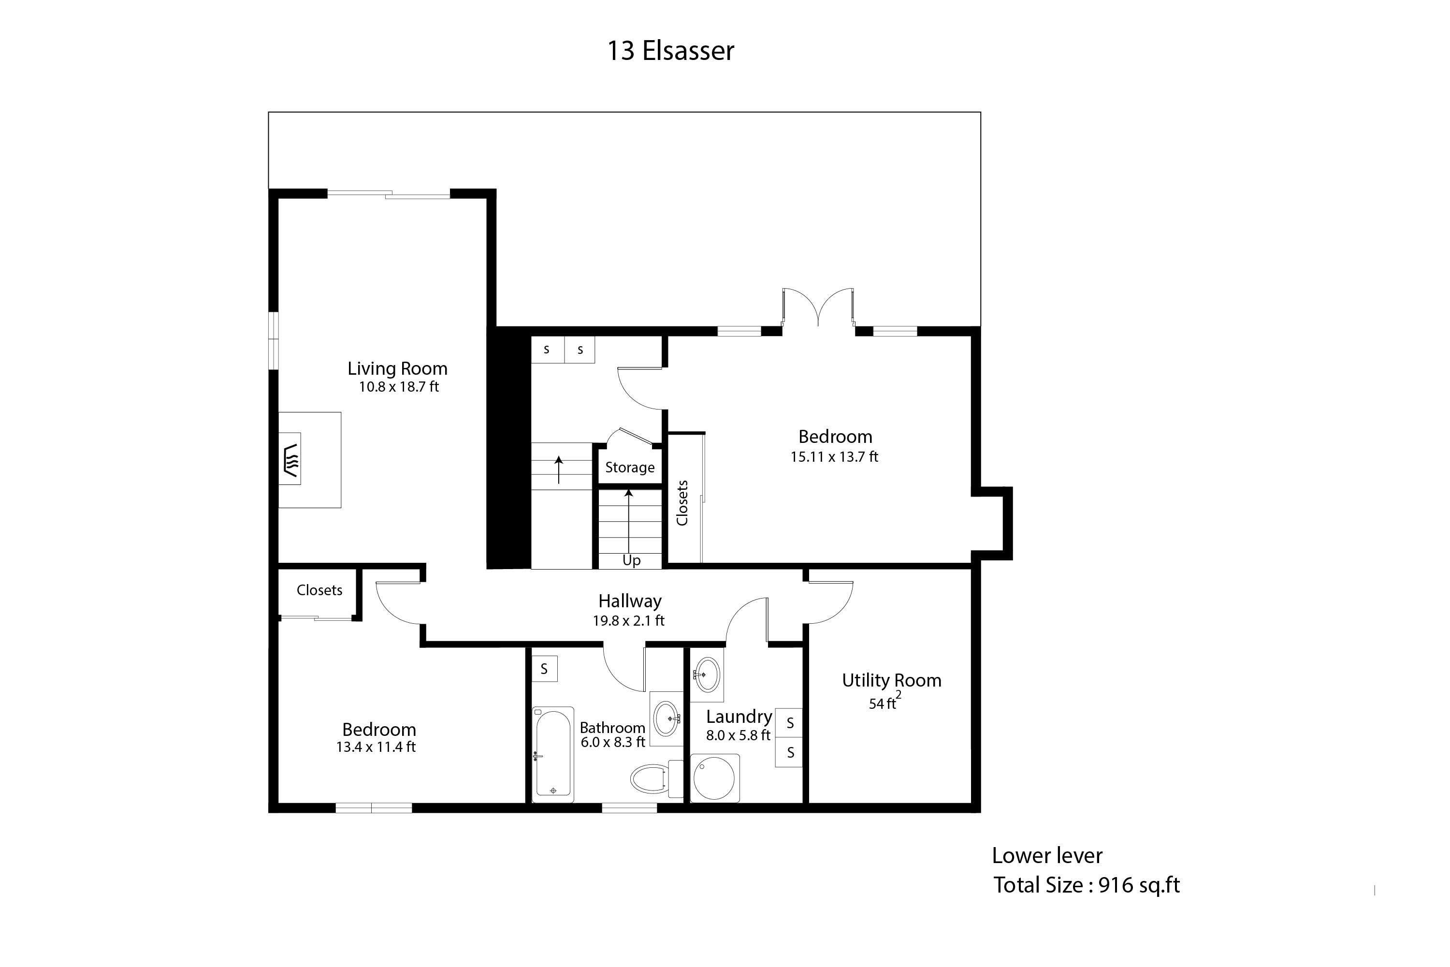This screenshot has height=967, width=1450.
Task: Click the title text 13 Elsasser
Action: click(x=671, y=51)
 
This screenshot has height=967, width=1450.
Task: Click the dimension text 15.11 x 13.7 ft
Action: click(x=834, y=456)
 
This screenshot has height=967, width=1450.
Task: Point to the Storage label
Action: click(x=629, y=468)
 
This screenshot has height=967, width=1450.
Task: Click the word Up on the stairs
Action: click(x=631, y=560)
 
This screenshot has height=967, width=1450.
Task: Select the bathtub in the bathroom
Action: click(x=553, y=754)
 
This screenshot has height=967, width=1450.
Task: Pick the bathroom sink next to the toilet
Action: click(x=667, y=718)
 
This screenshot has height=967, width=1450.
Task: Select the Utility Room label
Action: click(x=891, y=680)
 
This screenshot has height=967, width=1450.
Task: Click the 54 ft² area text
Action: click(x=884, y=701)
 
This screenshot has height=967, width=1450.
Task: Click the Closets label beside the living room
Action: click(x=319, y=590)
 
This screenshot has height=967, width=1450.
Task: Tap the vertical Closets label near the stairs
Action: click(x=682, y=503)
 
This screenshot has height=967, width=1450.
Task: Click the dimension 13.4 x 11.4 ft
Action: click(x=376, y=747)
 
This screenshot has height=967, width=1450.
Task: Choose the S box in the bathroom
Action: click(x=544, y=669)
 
